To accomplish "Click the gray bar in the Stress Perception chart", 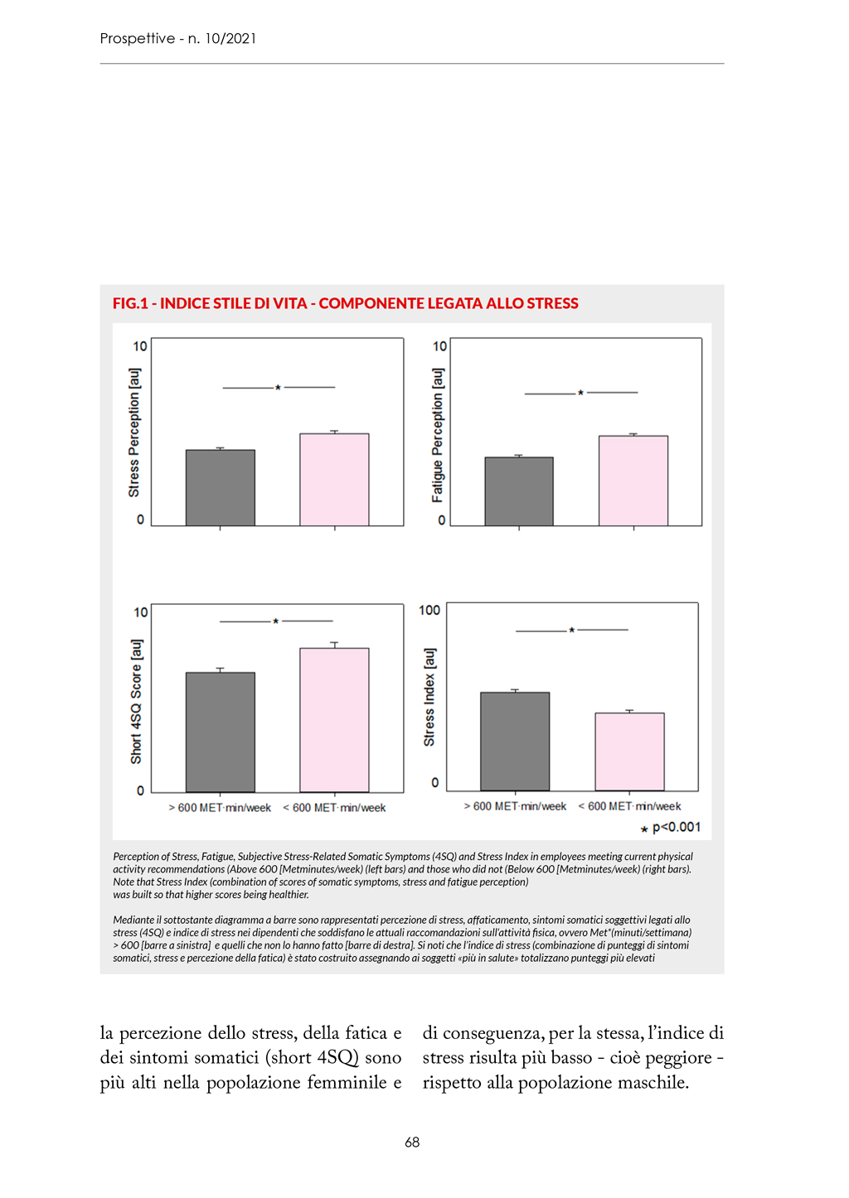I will click(220, 488).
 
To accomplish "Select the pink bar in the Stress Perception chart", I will click(334, 480).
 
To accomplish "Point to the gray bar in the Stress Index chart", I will click(515, 741).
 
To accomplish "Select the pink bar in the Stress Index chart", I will click(629, 751).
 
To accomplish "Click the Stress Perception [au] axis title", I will click(134, 432).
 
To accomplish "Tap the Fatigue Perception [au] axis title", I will click(438, 435).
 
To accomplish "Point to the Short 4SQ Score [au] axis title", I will click(136, 701).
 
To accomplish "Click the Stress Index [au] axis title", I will click(429, 697).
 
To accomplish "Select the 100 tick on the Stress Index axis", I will click(429, 611).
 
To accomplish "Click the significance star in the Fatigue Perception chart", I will click(580, 394).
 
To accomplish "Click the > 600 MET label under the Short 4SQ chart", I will click(220, 808).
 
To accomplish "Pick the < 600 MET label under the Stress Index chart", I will click(629, 806).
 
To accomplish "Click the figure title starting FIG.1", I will click(346, 303).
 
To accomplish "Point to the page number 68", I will click(412, 1142).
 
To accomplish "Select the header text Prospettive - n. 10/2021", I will click(178, 38).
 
